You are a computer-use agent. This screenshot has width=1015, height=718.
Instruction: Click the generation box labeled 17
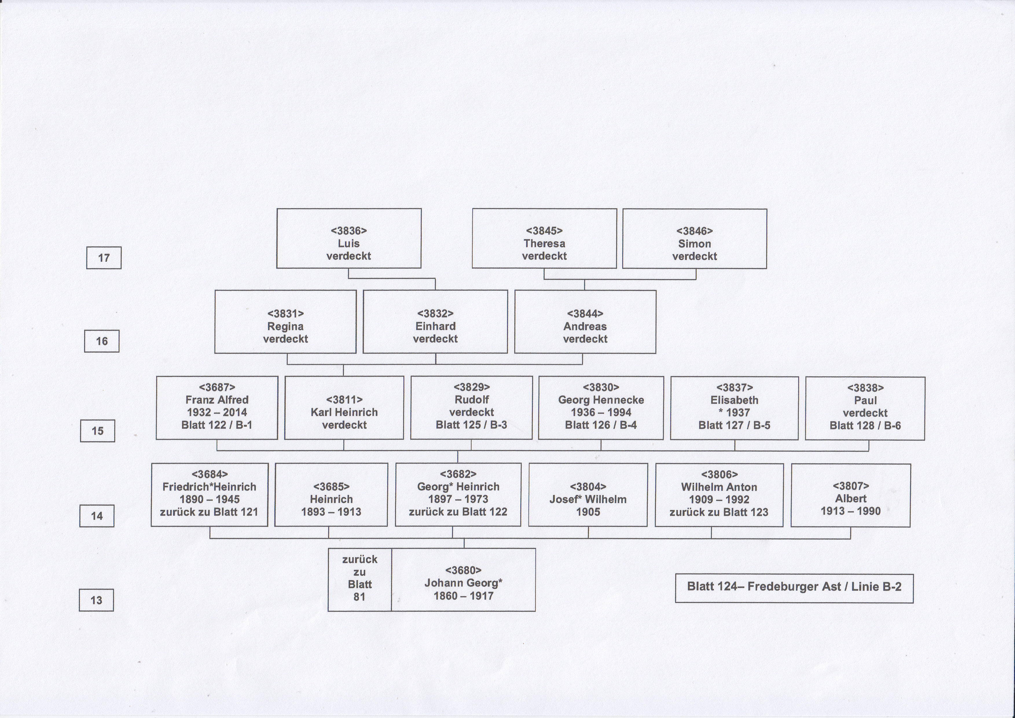click(104, 258)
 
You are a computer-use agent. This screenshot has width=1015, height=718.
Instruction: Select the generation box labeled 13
click(96, 600)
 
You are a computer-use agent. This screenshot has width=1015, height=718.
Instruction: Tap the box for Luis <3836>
click(349, 238)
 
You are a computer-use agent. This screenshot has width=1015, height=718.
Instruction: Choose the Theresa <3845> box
click(544, 238)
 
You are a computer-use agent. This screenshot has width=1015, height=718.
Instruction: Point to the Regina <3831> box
click(285, 321)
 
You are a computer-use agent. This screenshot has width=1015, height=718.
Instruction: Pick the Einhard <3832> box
click(436, 321)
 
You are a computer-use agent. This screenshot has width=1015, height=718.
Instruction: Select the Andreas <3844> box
click(585, 321)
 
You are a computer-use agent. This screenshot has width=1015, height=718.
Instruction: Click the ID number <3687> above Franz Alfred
click(217, 387)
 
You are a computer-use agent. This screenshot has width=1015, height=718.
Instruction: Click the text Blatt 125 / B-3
click(471, 425)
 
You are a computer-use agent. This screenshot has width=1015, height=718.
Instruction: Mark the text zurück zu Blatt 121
click(209, 512)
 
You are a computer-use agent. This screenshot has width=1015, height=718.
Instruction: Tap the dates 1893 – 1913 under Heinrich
click(331, 512)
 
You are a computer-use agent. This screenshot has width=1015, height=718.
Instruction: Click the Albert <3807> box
click(851, 495)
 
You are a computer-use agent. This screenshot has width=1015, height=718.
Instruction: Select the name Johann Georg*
click(463, 583)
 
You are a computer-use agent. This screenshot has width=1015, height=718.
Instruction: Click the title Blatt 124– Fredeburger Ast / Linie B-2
click(794, 587)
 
